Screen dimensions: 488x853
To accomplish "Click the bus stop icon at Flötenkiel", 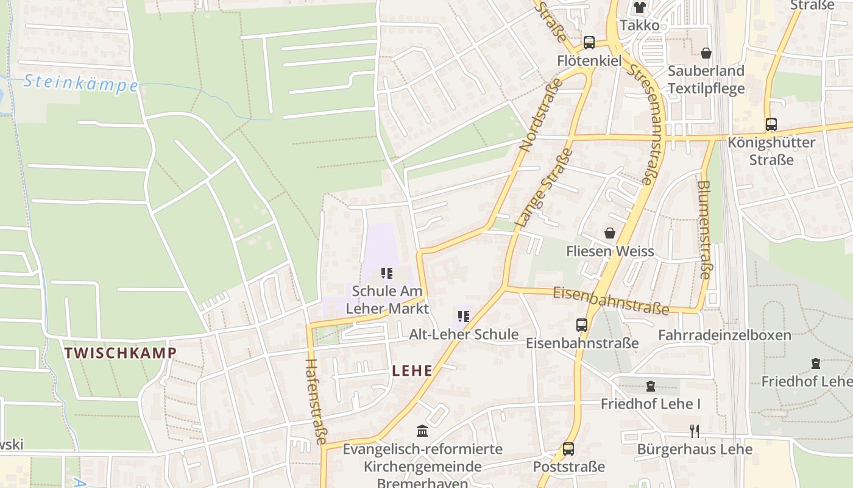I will [589, 43].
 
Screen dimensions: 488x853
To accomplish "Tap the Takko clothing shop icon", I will [639, 7].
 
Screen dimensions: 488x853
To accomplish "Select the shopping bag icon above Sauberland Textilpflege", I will [706, 53].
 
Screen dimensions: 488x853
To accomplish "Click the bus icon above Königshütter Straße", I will [771, 124].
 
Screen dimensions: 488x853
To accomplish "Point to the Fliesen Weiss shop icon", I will [610, 233].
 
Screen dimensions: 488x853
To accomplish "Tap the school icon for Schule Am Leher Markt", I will [387, 273].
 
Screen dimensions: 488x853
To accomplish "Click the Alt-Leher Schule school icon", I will [464, 317].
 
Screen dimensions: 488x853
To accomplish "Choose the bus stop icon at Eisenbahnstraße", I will [582, 325].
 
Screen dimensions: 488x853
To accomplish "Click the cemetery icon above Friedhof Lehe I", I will [651, 386].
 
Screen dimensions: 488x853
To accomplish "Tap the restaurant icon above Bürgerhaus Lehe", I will [694, 431].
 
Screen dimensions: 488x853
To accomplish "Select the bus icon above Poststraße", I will [568, 449].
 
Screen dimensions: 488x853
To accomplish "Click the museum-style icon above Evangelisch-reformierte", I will [422, 431].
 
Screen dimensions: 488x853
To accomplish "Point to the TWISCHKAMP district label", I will [120, 353].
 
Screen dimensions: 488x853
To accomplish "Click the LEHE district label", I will [412, 370].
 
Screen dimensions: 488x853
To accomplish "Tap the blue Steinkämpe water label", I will [81, 83].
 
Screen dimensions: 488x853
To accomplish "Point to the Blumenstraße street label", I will [704, 229].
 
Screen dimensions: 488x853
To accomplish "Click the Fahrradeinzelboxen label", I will [724, 335].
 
